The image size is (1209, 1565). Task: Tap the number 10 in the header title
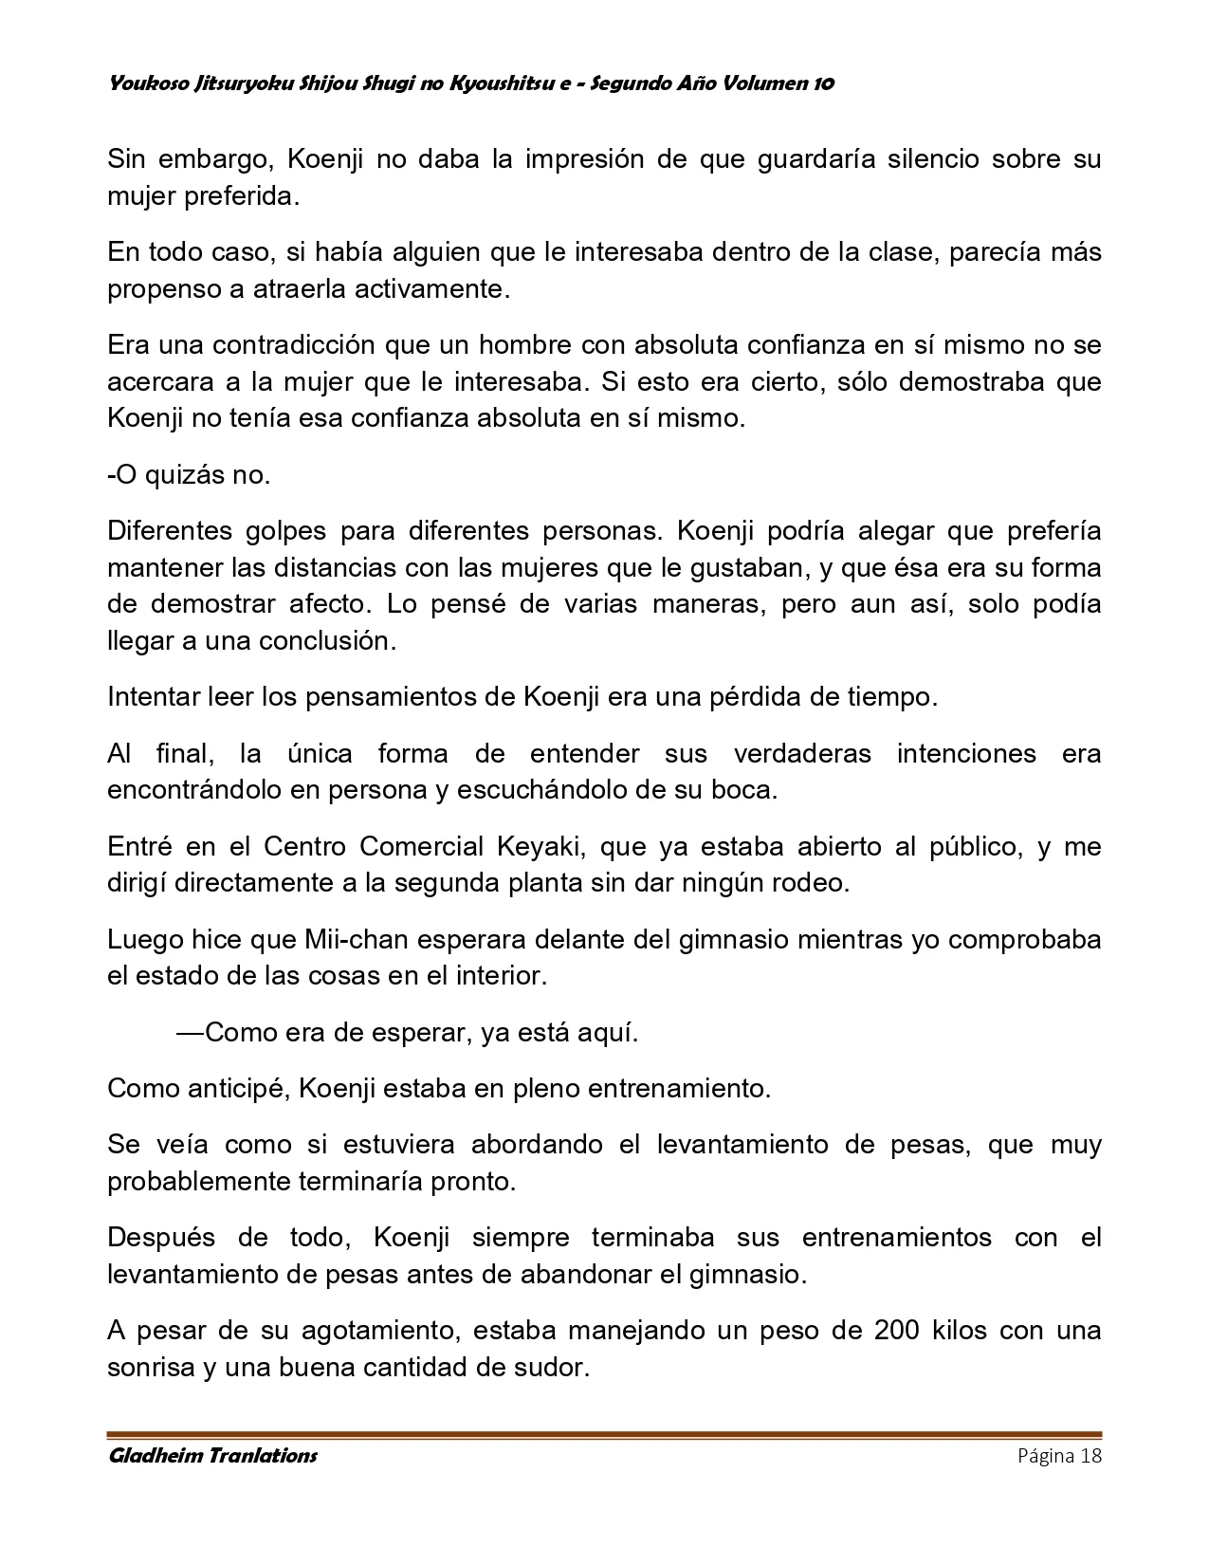823,83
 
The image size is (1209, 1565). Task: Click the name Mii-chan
353,939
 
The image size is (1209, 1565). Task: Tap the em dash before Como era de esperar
190,1032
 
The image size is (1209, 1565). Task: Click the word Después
162,1238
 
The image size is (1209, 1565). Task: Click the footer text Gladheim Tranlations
212,1455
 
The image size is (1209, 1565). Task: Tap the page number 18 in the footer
1090,1456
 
